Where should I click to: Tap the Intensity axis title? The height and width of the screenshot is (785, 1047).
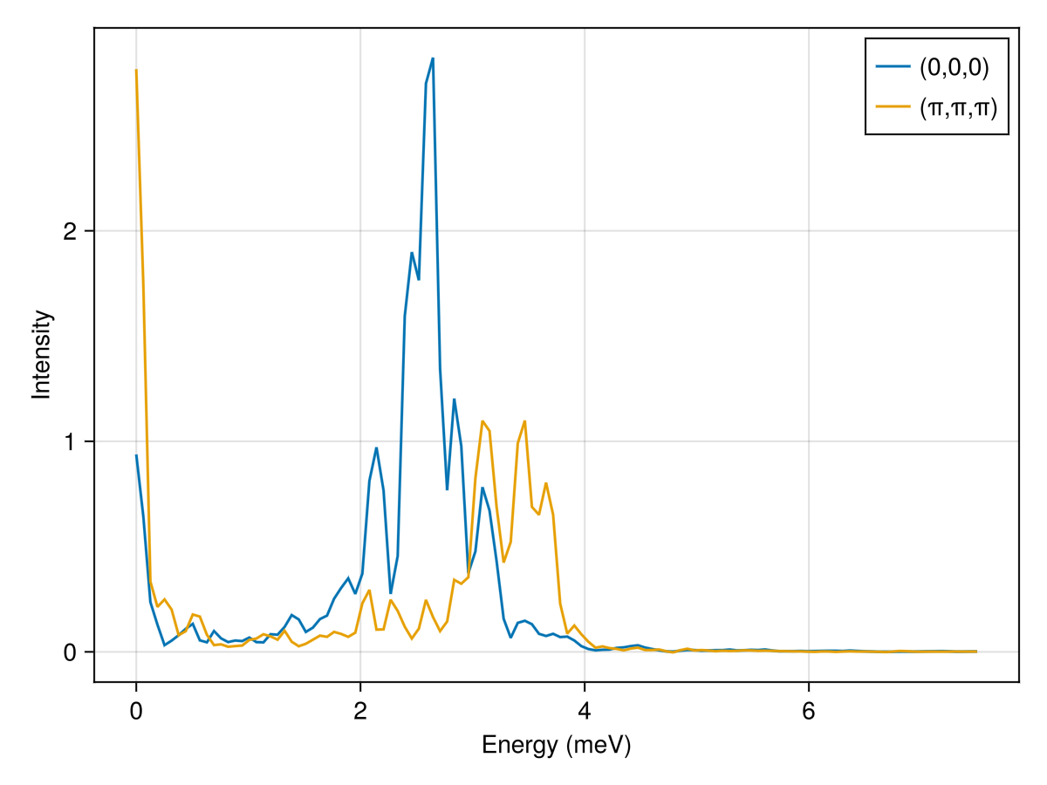[x=41, y=354]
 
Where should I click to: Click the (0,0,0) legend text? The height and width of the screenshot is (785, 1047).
[x=953, y=66]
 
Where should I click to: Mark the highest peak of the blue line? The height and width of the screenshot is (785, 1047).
[x=433, y=58]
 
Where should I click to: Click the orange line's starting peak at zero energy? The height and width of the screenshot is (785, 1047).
[x=136, y=70]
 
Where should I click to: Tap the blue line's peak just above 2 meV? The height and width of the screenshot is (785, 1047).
[x=376, y=448]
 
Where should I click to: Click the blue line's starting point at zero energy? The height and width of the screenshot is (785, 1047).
[x=136, y=455]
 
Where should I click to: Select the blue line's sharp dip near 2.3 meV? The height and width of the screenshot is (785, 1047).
[x=391, y=593]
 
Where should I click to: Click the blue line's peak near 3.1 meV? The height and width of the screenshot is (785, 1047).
[x=482, y=488]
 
